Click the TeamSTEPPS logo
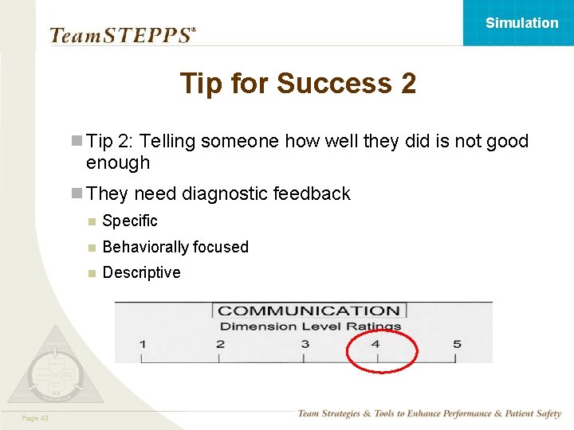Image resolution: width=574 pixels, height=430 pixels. (122, 35)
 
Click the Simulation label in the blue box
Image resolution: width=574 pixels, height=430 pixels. (521, 23)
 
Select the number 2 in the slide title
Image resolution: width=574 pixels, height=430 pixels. (406, 84)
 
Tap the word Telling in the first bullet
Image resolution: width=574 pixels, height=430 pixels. (167, 142)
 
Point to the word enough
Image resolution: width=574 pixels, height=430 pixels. (118, 163)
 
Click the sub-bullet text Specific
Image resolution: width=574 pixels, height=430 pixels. (130, 221)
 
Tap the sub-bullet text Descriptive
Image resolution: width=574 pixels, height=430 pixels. (141, 273)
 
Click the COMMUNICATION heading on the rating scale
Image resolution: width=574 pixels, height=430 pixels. (309, 311)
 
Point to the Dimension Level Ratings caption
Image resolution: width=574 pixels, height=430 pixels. (310, 326)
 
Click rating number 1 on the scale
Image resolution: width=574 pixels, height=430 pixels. (142, 344)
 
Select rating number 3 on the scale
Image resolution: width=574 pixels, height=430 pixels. (305, 344)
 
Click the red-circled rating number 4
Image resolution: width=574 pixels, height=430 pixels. (375, 344)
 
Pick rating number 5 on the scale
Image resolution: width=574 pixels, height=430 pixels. (457, 344)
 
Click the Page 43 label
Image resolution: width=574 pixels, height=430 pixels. (34, 418)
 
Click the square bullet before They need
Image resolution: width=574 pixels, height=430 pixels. (77, 193)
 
